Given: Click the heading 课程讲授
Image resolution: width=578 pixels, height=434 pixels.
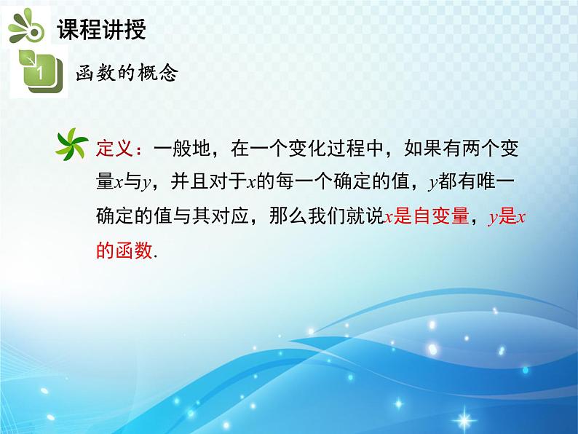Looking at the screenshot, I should [x=101, y=30].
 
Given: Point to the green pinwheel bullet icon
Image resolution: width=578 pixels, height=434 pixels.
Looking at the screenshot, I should [x=74, y=144].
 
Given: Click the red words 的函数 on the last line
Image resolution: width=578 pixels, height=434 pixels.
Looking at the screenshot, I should [x=124, y=251].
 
